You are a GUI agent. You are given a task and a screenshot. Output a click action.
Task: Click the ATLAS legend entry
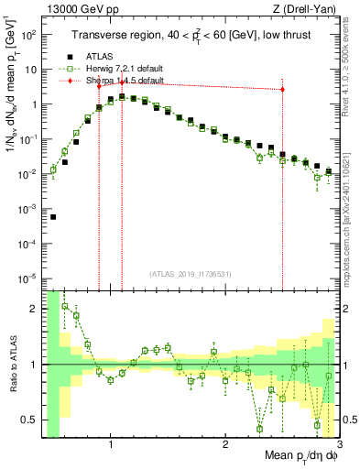click(98, 56)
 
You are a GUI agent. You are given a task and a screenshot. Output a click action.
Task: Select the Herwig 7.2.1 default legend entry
click(115, 69)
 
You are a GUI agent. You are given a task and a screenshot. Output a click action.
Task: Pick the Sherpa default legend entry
click(115, 81)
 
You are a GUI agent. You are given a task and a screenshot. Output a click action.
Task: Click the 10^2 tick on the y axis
click(27, 35)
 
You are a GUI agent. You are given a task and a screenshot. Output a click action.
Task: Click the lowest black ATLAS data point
click(53, 217)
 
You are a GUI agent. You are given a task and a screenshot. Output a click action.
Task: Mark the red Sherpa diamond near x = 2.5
click(282, 90)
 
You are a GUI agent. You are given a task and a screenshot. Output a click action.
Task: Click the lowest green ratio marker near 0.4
click(259, 428)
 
